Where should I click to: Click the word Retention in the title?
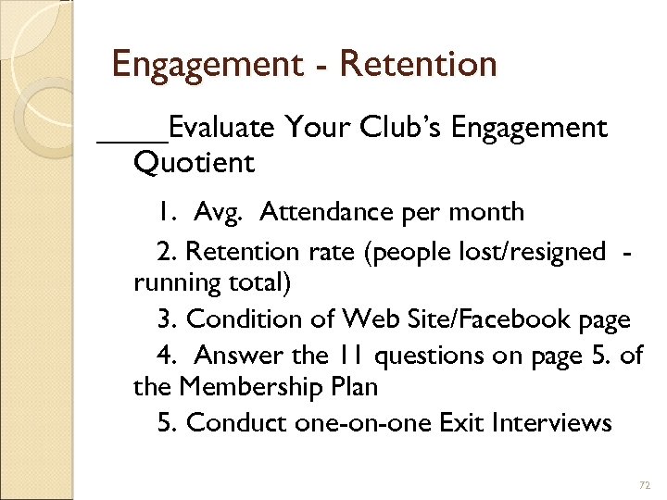pos(418,64)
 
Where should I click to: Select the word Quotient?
pos(194,163)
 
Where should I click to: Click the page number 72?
pos(646,485)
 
